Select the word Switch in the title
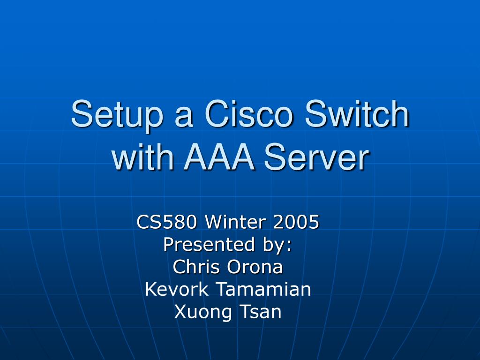pyautogui.click(x=357, y=114)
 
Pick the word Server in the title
pyautogui.click(x=315, y=158)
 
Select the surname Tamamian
pyautogui.click(x=263, y=289)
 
